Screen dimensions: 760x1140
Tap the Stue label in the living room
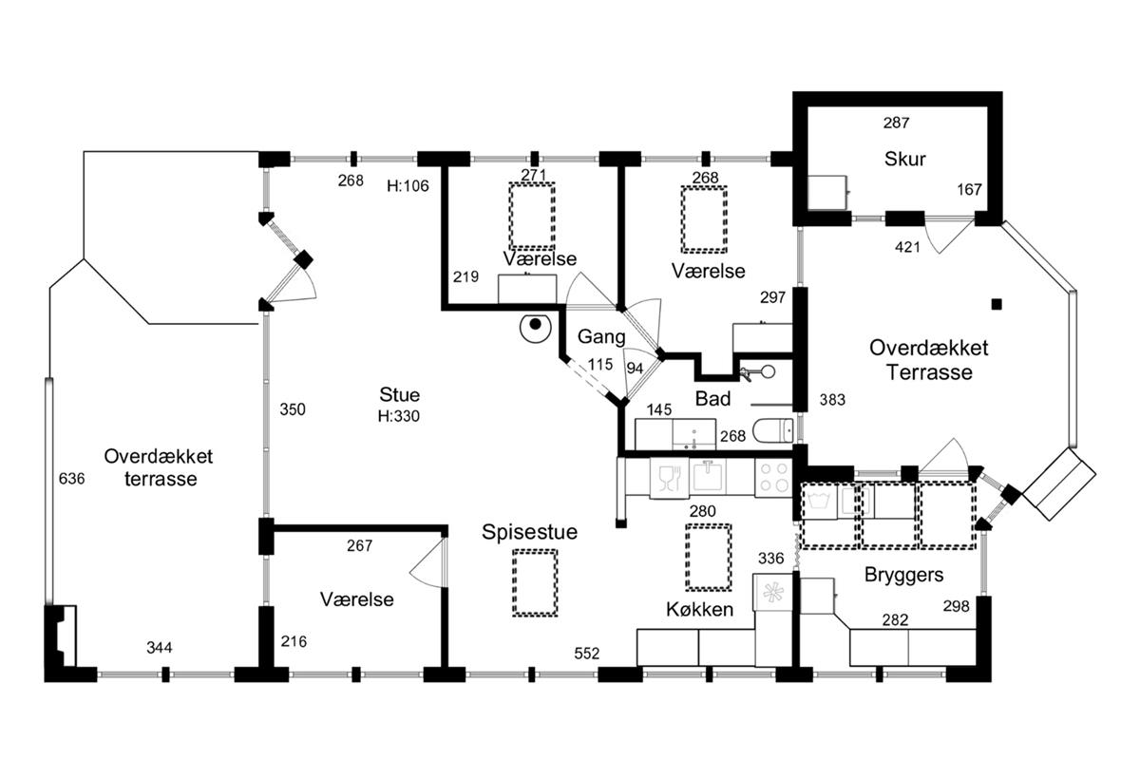399,395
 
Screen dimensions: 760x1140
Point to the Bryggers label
903,575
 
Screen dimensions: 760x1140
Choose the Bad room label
712,398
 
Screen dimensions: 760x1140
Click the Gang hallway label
601,336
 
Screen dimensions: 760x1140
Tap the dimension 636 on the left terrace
72,478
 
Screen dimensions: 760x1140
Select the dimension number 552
587,654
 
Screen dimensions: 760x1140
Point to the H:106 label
408,185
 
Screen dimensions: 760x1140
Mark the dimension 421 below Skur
909,248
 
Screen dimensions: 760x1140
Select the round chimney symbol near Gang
535,327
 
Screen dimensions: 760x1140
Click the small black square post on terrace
996,304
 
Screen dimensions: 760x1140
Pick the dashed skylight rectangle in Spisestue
535,582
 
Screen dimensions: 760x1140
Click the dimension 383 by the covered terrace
831,400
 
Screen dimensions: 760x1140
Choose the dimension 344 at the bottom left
160,648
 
